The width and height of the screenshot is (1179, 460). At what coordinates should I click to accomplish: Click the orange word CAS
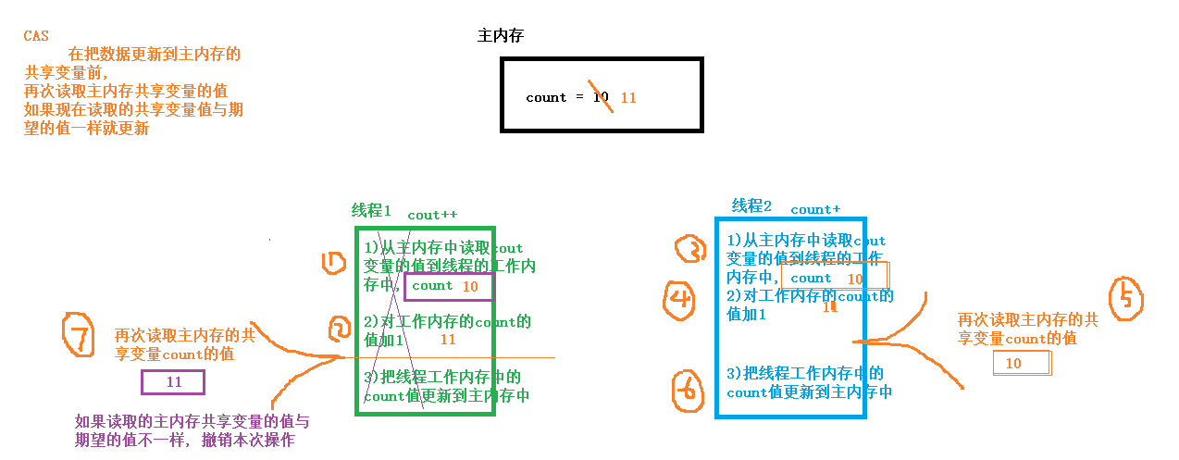36,36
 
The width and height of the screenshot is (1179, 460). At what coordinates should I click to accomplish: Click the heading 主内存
502,36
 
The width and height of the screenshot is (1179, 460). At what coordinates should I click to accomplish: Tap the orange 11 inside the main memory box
628,97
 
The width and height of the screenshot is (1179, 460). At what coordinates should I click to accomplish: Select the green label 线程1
371,210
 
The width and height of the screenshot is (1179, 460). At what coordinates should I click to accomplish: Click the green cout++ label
432,215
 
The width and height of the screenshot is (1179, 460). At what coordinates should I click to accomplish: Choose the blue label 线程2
751,205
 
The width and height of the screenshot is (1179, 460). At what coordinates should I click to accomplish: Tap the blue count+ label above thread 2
815,210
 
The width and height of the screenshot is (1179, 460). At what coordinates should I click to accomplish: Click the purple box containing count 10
450,287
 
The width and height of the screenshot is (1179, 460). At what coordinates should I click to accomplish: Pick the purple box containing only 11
173,382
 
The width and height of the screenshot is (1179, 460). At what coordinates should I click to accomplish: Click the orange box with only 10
1022,364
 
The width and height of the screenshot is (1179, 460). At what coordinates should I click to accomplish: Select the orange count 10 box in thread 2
834,277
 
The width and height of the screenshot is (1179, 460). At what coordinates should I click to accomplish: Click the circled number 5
1126,298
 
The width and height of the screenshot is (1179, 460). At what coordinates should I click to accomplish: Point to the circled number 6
687,391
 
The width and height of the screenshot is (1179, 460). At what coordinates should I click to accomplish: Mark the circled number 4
681,299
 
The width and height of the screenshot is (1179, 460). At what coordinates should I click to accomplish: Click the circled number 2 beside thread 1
340,328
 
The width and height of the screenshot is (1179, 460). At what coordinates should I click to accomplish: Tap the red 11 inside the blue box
830,307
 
